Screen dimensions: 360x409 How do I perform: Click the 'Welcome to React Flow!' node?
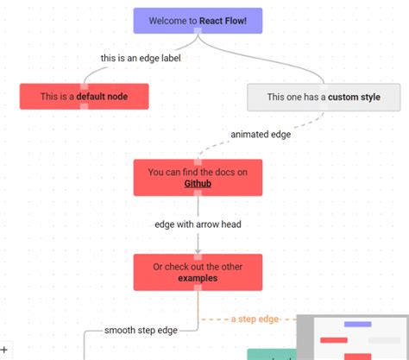point(198,20)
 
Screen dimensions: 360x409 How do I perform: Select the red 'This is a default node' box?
point(84,97)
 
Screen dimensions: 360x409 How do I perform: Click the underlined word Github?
point(198,183)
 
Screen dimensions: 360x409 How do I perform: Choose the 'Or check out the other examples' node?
point(198,272)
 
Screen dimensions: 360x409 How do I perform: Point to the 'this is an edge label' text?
point(140,59)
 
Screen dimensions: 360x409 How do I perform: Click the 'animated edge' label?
point(261,134)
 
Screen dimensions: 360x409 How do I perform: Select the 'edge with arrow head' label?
point(198,224)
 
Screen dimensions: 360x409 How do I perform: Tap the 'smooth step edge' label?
point(141,330)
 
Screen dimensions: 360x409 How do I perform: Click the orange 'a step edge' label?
point(255,319)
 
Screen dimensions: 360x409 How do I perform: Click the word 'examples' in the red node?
point(198,278)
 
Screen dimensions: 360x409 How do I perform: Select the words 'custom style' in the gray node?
point(354,97)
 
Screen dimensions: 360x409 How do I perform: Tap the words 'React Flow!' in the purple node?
point(230,20)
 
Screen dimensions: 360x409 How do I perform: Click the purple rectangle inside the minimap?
point(357,325)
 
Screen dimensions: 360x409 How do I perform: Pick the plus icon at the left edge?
point(3,349)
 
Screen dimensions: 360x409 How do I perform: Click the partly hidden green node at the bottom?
point(271,354)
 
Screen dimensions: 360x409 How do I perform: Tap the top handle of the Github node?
point(198,161)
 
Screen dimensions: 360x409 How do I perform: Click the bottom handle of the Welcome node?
point(198,33)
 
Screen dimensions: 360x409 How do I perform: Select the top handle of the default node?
point(84,84)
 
